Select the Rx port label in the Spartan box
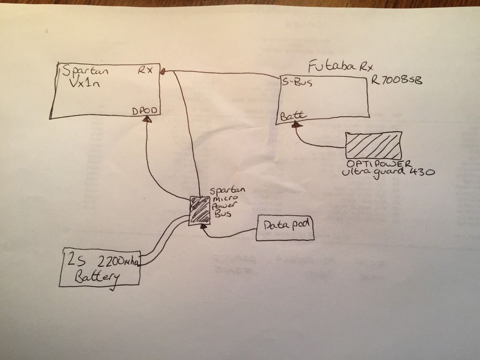(144, 70)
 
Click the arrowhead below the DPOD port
(148, 120)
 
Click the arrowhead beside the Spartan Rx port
(163, 71)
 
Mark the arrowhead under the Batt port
(296, 125)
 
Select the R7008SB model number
(396, 81)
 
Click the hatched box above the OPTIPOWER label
(374, 145)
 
